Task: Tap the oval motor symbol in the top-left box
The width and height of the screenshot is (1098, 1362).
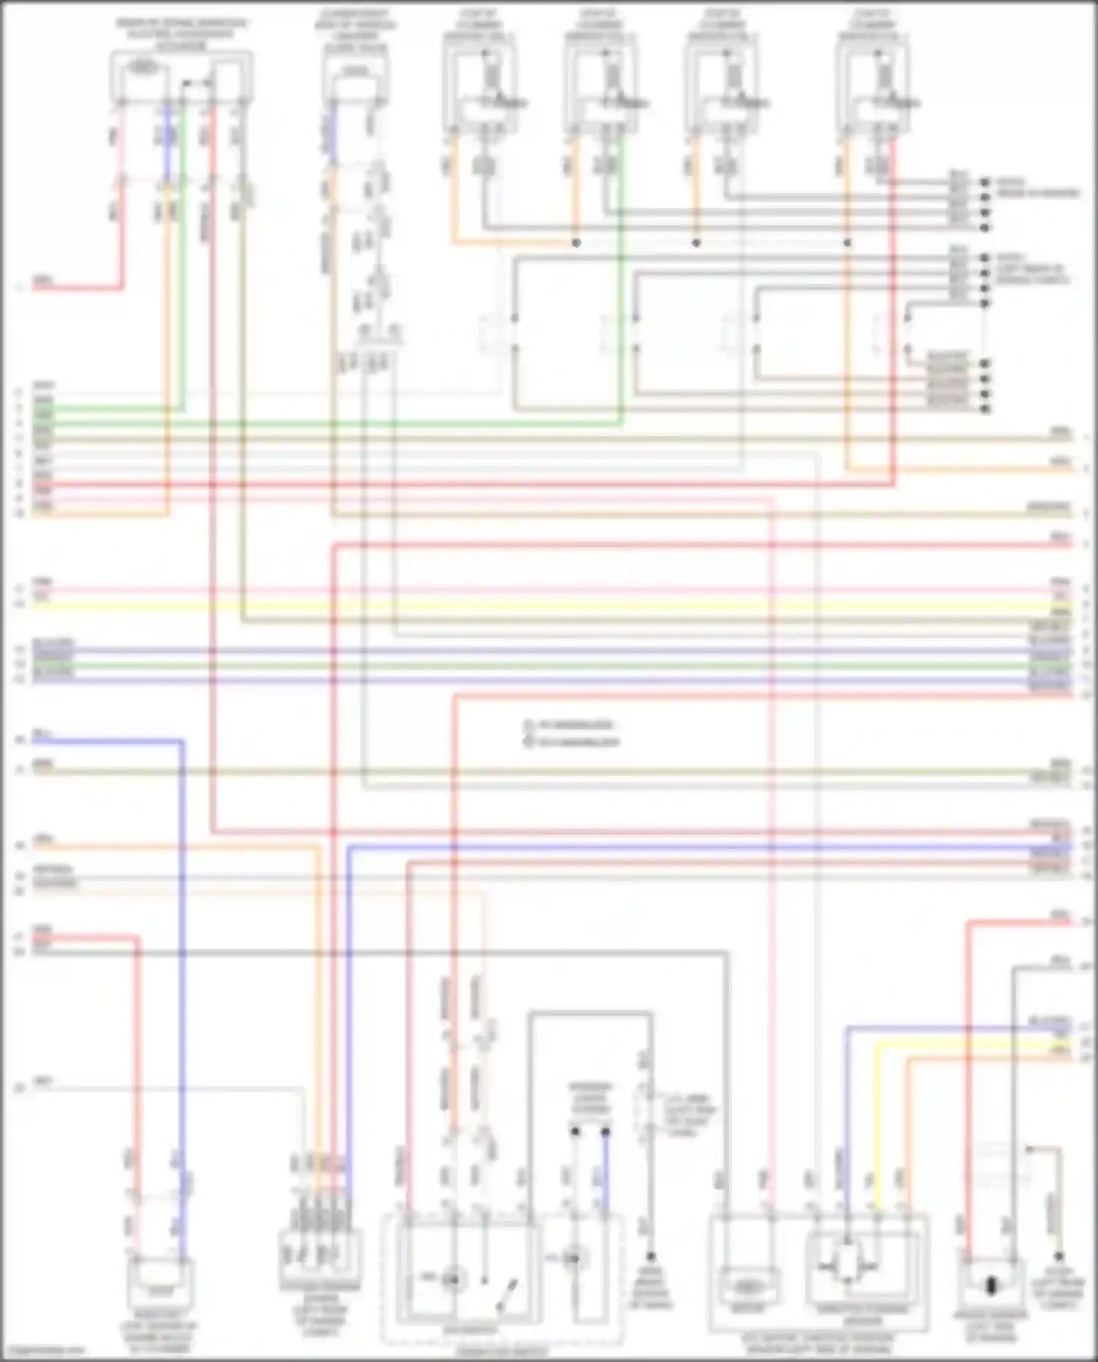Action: pos(143,67)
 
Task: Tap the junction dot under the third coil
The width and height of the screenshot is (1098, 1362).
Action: pos(696,242)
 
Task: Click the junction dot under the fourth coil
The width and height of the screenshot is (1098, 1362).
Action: pos(848,242)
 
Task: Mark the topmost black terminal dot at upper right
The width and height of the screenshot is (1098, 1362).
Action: pos(985,182)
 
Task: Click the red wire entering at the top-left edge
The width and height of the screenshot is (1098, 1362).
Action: pos(73,288)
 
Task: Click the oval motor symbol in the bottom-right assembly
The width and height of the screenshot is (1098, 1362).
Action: pos(745,1287)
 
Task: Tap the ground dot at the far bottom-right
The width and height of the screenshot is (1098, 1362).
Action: pos(1058,1257)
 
